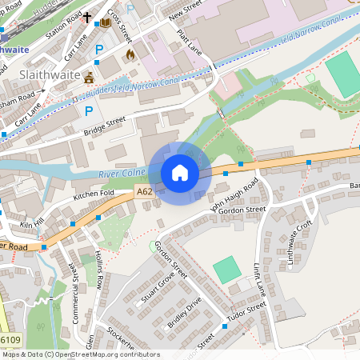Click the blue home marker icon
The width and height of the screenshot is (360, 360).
coord(180,173)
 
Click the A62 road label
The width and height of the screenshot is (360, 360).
coord(144,192)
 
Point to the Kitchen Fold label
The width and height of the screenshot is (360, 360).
coord(94,194)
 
